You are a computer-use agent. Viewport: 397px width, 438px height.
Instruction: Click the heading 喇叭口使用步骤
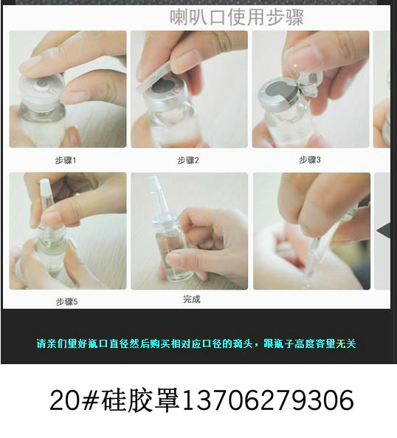237,17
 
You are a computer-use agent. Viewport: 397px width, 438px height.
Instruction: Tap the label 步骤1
66,160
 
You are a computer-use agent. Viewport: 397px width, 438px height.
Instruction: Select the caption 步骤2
188,160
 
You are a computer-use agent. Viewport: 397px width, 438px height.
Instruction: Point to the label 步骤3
310,160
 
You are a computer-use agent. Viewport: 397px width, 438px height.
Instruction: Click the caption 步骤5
66,301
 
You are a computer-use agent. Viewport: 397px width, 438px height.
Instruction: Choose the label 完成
191,299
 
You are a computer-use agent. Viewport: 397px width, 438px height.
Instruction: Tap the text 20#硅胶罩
115,400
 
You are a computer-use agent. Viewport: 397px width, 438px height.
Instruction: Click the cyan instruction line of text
196,343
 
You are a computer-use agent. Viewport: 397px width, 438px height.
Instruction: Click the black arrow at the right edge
384,230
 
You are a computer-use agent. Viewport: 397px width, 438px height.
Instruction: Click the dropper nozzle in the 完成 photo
156,189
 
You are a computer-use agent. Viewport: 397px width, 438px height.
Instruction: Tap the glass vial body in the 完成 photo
171,251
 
